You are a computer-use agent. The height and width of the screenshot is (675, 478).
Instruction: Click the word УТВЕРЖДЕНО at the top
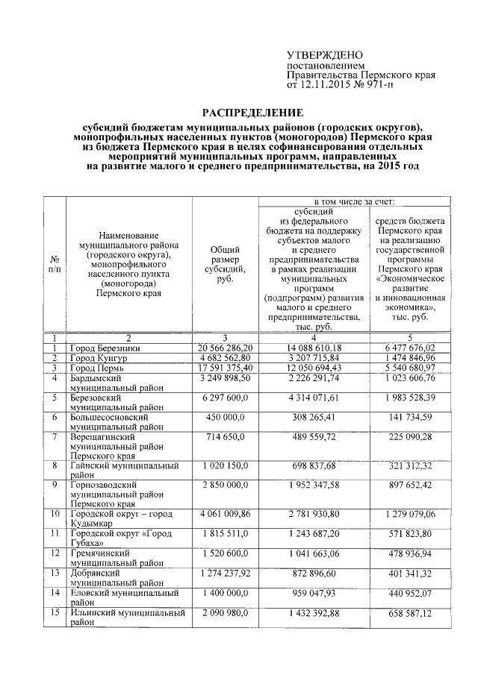click(x=325, y=56)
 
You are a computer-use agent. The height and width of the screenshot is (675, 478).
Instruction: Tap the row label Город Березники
click(x=105, y=348)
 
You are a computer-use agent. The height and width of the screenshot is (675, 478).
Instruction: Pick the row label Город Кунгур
click(x=99, y=359)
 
